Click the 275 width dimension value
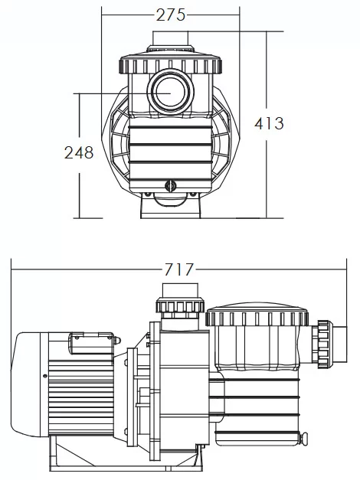click(x=171, y=15)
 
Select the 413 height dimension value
click(x=269, y=123)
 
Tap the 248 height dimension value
click(x=79, y=152)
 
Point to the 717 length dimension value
click(x=179, y=269)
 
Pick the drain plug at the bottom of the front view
click(x=170, y=186)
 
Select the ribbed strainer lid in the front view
click(x=170, y=64)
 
